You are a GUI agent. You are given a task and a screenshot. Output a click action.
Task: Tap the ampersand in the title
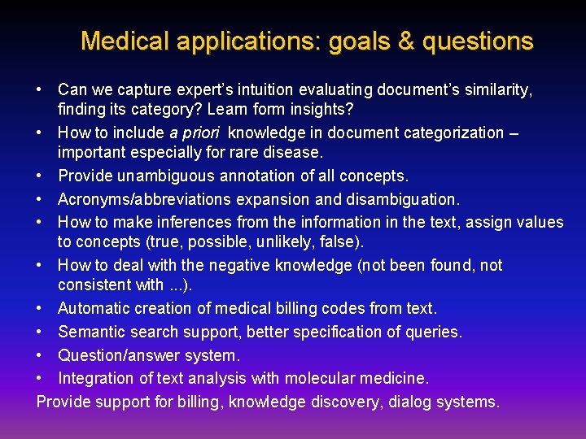[x=405, y=41]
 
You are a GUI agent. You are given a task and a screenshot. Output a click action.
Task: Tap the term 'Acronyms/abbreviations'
[x=136, y=199]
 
